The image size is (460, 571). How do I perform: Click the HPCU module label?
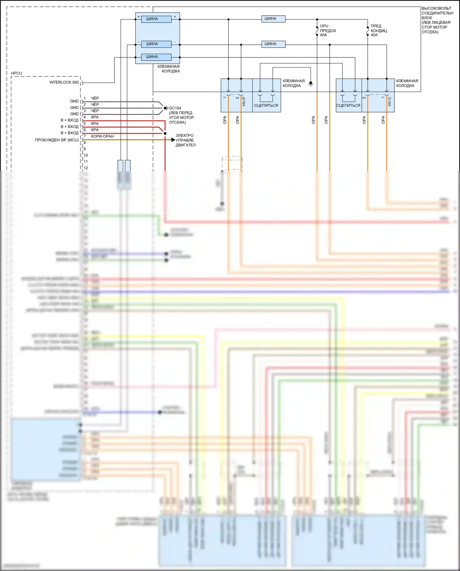coord(16,73)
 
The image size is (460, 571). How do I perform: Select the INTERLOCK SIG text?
coord(64,82)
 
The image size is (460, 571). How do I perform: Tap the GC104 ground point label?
coord(175,108)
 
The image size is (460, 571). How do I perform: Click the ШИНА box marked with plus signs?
coord(156,19)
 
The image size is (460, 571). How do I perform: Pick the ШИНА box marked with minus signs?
coord(156,44)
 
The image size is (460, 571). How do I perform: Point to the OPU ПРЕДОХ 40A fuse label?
coord(328,30)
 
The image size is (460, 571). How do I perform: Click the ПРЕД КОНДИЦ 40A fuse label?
coord(378,30)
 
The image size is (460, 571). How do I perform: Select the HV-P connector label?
coord(244,101)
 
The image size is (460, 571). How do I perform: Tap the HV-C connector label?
coord(389,101)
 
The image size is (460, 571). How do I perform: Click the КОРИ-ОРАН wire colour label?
coord(102,136)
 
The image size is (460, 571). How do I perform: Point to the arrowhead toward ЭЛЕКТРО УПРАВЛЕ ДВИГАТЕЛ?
coord(173,140)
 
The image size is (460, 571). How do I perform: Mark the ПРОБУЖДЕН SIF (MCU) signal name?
coord(57,140)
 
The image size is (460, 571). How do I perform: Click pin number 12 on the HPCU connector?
coord(86,168)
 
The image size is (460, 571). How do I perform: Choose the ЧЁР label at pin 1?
coord(95,98)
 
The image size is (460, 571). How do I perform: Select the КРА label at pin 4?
coord(95,117)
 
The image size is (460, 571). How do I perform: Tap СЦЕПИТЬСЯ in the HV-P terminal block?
coord(266,105)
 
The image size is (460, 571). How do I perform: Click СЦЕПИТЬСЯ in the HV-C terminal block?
coord(348,105)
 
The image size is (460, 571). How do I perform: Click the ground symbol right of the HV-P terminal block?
coord(311,83)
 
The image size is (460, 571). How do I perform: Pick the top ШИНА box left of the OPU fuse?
coord(273,19)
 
